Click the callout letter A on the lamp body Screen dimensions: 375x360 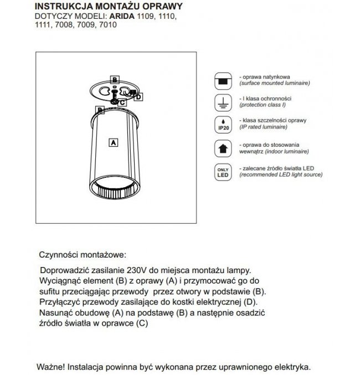[112, 142]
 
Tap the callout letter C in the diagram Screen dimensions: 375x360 [122, 102]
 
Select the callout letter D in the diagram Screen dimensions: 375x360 [138, 97]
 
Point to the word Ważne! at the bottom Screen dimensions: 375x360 [53, 367]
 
